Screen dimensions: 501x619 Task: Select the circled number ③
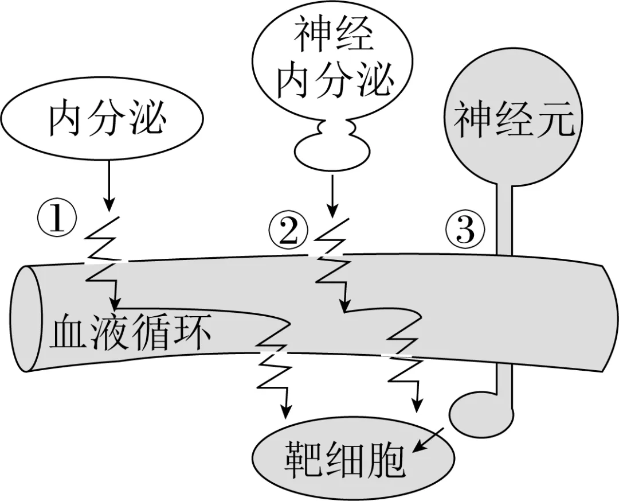[x=465, y=230]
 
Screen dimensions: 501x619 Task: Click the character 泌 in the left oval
[x=147, y=121]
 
